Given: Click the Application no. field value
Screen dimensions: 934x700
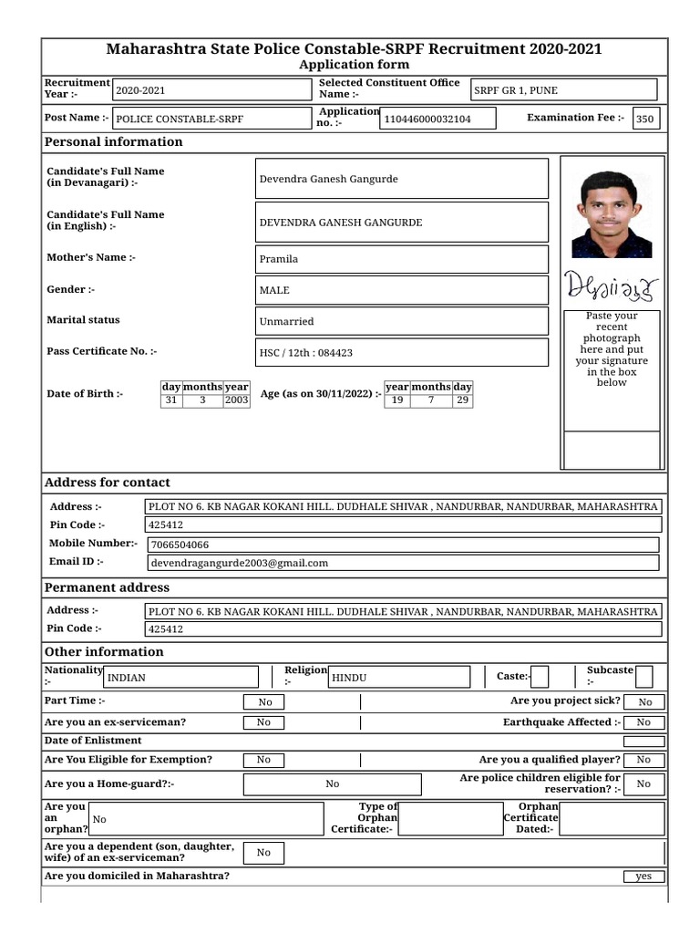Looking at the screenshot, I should pyautogui.click(x=438, y=119).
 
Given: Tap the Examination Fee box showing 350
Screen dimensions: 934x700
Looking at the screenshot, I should pyautogui.click(x=645, y=119).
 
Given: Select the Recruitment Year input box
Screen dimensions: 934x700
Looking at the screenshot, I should pyautogui.click(x=211, y=90).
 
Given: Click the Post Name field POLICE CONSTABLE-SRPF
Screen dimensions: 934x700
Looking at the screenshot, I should pyautogui.click(x=211, y=119).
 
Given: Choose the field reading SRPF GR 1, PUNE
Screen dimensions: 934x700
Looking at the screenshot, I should pyautogui.click(x=563, y=90).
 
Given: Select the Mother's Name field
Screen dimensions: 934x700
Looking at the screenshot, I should pyautogui.click(x=403, y=259).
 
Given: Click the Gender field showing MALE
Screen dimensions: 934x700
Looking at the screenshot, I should pyautogui.click(x=403, y=290).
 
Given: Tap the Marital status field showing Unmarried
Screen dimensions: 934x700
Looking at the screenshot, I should pyautogui.click(x=403, y=321).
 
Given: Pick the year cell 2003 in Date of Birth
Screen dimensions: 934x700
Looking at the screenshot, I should pyautogui.click(x=236, y=400).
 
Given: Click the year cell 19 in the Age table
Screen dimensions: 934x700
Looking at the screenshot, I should pyautogui.click(x=396, y=400).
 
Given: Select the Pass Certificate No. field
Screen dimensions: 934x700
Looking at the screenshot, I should pyautogui.click(x=403, y=352).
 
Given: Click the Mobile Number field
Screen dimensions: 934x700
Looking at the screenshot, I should pyautogui.click(x=403, y=545).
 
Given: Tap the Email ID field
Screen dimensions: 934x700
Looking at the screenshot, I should pyautogui.click(x=403, y=563).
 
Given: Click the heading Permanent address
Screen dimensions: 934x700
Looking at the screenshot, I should pyautogui.click(x=108, y=588).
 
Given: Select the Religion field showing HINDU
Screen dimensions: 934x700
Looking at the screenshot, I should pyautogui.click(x=399, y=677).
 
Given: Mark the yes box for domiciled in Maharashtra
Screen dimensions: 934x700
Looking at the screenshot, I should pyautogui.click(x=643, y=877).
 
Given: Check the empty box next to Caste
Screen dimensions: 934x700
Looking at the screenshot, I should pyautogui.click(x=540, y=676).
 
